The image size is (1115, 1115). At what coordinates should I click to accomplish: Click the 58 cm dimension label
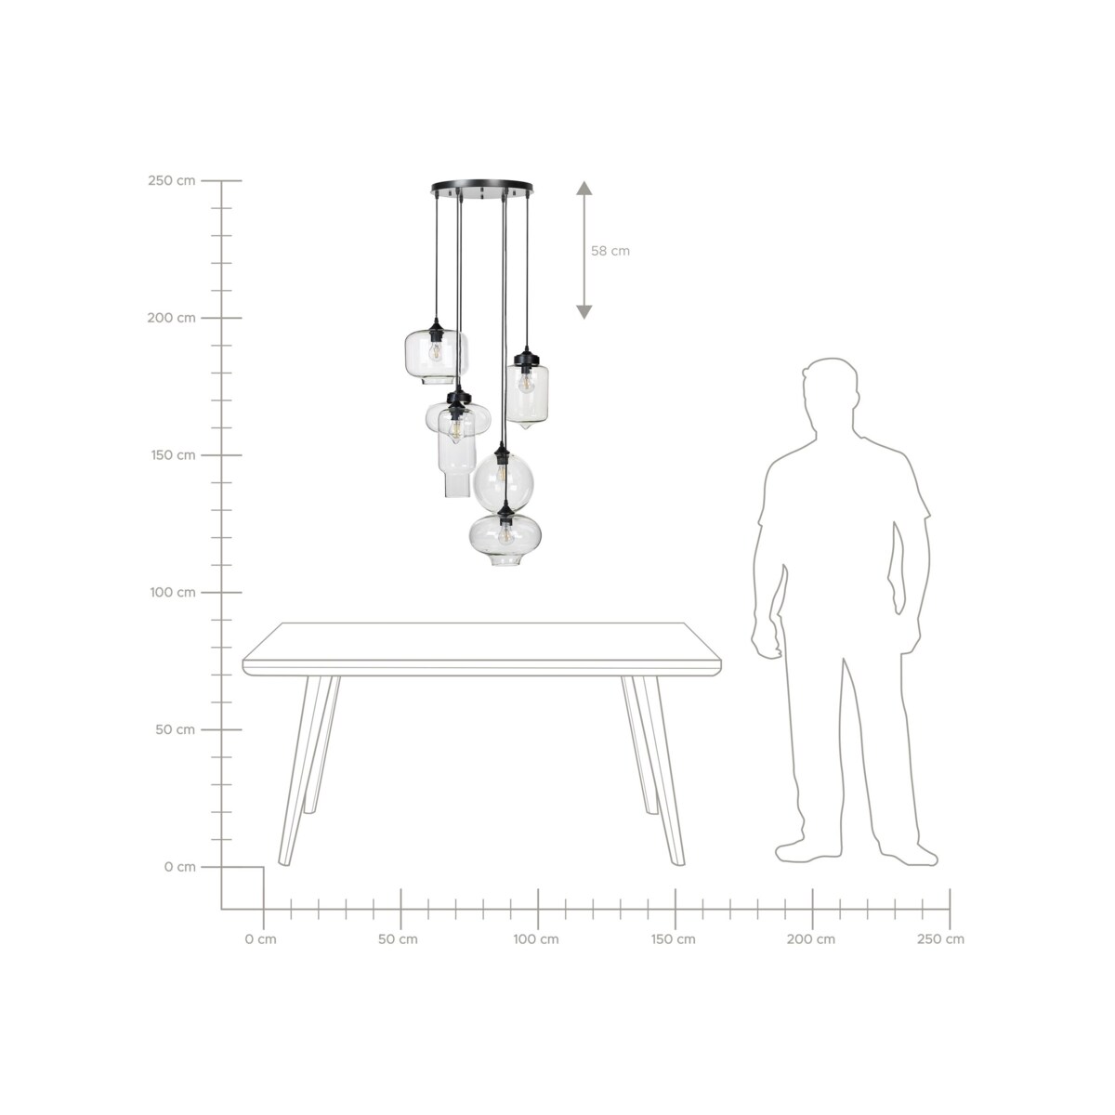point(610,251)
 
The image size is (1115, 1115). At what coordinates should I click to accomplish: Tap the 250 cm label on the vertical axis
point(171,180)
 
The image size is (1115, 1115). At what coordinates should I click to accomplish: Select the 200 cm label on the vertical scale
point(171,318)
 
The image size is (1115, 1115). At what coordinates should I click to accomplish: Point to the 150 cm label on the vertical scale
point(173,454)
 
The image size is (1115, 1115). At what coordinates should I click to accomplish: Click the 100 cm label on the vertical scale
point(173,592)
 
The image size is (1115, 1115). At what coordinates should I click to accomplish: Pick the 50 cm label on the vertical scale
point(175,729)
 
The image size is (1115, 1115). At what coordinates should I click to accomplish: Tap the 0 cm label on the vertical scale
point(179,867)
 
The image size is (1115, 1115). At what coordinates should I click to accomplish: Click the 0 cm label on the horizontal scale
point(260,939)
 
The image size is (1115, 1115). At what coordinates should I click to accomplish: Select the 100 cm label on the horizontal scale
point(536,939)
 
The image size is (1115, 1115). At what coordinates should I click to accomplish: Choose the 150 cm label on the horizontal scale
point(673,939)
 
